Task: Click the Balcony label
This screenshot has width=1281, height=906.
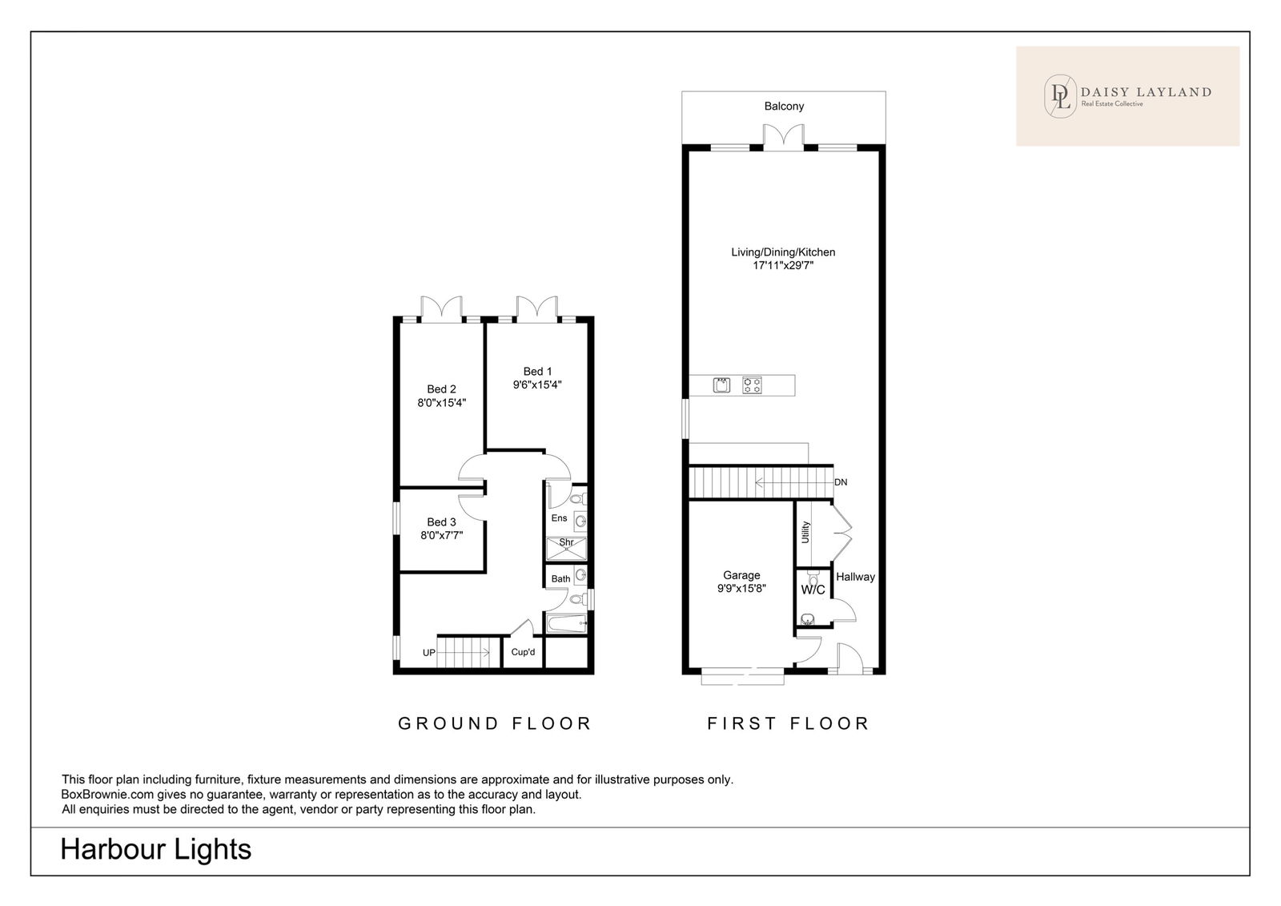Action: coord(784,107)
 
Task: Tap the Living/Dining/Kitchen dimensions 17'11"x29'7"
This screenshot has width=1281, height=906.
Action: coord(783,266)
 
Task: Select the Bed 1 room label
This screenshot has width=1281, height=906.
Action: coord(537,372)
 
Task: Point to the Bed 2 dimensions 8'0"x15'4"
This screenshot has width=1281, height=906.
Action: coord(441,403)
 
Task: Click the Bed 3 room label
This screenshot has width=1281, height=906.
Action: coord(441,522)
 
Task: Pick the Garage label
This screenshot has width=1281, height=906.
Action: coord(741,575)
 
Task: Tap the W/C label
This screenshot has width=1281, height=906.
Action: coord(813,590)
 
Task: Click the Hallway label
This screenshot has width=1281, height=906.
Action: coord(856,577)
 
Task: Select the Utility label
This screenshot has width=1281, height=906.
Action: coord(805,532)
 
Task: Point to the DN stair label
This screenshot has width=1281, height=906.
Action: coord(841,482)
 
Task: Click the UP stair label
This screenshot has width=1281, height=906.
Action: coord(429,653)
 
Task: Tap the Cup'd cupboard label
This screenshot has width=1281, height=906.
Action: coord(523,652)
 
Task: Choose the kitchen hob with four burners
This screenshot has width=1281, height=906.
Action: coord(752,385)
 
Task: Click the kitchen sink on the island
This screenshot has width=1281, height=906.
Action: coord(721,385)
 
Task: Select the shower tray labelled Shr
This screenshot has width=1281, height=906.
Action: coord(566,548)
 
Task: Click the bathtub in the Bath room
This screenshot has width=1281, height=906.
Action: coord(567,623)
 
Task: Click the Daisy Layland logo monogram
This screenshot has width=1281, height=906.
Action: coord(1060,97)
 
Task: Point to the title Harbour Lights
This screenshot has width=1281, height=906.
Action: coord(155,849)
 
